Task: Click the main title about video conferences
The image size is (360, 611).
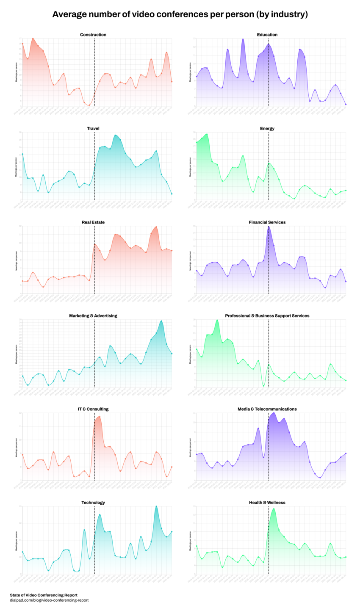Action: coord(180,14)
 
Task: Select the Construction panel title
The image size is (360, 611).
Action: coord(93,35)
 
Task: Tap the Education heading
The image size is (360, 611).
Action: coord(267,35)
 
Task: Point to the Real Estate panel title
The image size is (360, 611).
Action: coord(93,222)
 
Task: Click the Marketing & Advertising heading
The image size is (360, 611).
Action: coord(93,316)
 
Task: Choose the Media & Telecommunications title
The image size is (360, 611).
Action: coord(267,409)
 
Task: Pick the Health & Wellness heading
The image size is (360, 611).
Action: coord(267,503)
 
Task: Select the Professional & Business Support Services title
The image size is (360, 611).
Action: coord(267,316)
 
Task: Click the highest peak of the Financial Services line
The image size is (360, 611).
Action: coord(269,227)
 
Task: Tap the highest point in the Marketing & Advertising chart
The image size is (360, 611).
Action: coord(161,321)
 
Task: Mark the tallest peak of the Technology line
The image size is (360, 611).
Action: coord(156,506)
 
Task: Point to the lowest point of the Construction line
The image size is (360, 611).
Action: coord(89,105)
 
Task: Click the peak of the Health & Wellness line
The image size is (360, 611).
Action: coord(274,509)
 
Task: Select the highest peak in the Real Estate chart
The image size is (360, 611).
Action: coord(156,227)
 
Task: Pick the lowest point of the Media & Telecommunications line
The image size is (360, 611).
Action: coord(320,477)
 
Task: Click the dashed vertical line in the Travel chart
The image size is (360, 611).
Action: coord(94,165)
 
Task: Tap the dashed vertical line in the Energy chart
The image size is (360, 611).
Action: coord(269,165)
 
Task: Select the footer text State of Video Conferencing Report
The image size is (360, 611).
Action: coord(44,595)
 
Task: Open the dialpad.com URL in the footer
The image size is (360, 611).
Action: coord(49,600)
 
